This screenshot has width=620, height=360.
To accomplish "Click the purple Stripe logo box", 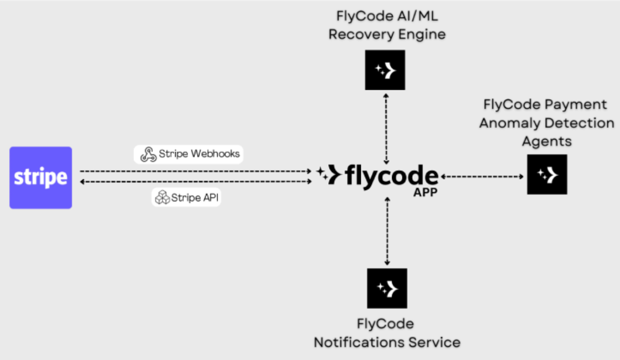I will coord(41,177).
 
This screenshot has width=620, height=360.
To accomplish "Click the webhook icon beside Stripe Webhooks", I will coord(148,154).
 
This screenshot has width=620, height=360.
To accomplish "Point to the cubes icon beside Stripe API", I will coord(162,198).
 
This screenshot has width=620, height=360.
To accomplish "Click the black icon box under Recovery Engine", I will coord(385,70).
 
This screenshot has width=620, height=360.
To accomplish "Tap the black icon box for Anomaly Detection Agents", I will coord(547,174).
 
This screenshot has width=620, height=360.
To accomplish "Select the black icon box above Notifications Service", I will coord(387,288).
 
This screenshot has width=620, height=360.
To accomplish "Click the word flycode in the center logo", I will coord(391,176).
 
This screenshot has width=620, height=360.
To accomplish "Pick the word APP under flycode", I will coord(425,193).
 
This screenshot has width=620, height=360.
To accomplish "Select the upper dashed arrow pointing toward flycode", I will coord(195,171).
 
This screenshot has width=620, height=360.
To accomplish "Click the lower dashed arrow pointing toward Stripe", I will coord(195,181).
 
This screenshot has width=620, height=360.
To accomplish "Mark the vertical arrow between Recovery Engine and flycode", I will coord(386,128).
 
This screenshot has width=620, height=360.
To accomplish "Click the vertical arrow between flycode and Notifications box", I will coord(387,231).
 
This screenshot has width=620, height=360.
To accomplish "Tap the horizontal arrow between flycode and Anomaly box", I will coord(482,177).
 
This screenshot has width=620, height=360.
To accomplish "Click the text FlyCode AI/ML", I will coord(387,16).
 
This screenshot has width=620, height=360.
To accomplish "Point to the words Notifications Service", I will coord(387,343).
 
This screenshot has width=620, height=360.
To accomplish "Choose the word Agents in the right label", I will coord(546,141).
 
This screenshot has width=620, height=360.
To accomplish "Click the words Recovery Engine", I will coord(387,34).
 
